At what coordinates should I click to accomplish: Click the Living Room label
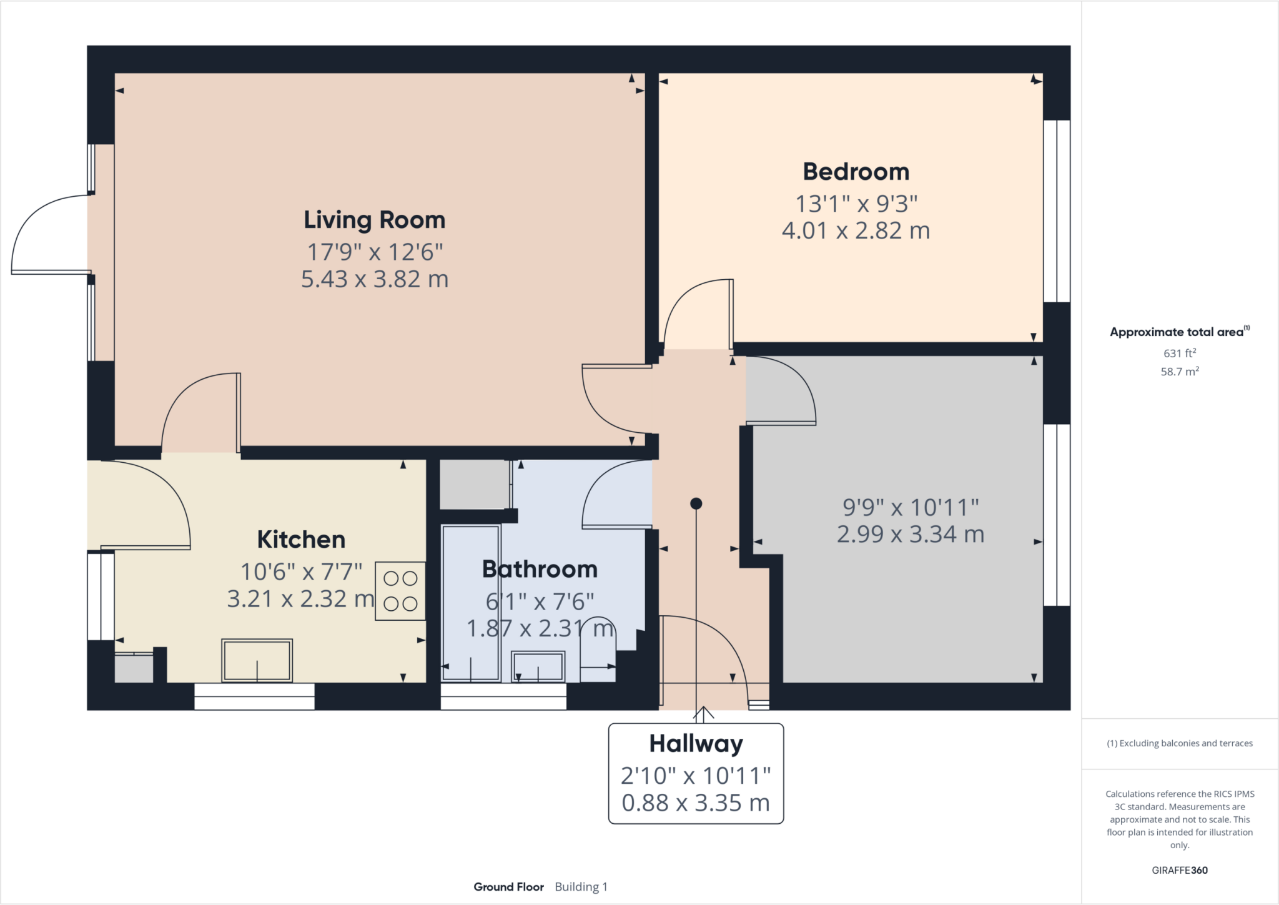pos(374,220)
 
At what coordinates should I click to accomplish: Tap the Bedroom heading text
pos(856,172)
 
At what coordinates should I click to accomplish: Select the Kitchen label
pos(301,540)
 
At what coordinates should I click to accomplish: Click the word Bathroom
pos(540,569)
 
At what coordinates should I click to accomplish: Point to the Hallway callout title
pos(696,744)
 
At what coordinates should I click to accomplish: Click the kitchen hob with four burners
pos(400,591)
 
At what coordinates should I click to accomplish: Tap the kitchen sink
pos(257,660)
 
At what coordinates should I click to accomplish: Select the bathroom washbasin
pos(538,666)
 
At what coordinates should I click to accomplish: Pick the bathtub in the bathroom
pos(471,603)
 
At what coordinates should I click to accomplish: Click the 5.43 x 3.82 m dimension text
pos(375,279)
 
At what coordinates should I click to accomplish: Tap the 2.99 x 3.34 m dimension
pos(910,535)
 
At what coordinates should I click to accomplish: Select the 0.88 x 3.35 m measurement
pos(696,803)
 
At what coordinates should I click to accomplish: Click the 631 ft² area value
pos(1179,353)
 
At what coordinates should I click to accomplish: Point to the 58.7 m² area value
pos(1179,372)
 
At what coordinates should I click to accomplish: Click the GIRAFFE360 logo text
pos(1179,870)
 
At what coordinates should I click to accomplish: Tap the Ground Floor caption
pos(508,887)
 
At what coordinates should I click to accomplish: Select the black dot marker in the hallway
pos(696,503)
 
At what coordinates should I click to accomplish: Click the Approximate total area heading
pos(1179,332)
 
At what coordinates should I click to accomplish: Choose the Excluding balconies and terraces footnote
pos(1179,743)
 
